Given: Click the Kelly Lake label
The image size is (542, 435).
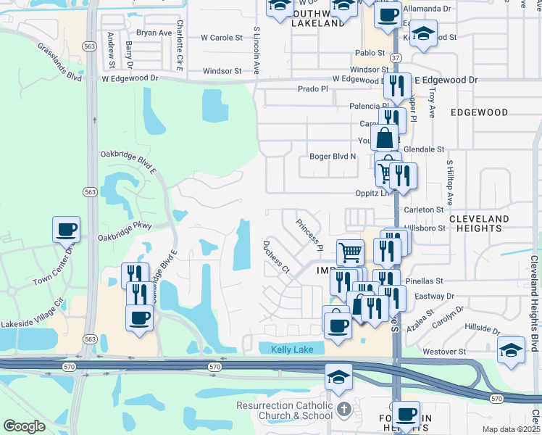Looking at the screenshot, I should tap(293, 349).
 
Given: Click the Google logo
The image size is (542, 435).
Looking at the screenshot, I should tap(24, 426).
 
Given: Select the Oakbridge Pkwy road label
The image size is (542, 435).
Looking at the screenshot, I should tap(125, 231).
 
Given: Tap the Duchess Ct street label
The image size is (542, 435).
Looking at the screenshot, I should tap(276, 257).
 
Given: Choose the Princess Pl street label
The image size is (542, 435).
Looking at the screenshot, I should tap(309, 233).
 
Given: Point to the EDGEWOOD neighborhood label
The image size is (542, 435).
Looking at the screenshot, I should tap(479, 112).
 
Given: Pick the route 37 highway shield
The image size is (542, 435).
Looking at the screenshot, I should tap(394, 57).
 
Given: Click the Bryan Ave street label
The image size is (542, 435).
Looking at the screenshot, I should tap(154, 33).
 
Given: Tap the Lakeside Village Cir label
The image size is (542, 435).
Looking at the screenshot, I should tap(33, 312).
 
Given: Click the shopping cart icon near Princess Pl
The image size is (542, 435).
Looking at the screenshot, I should tap(350, 252).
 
